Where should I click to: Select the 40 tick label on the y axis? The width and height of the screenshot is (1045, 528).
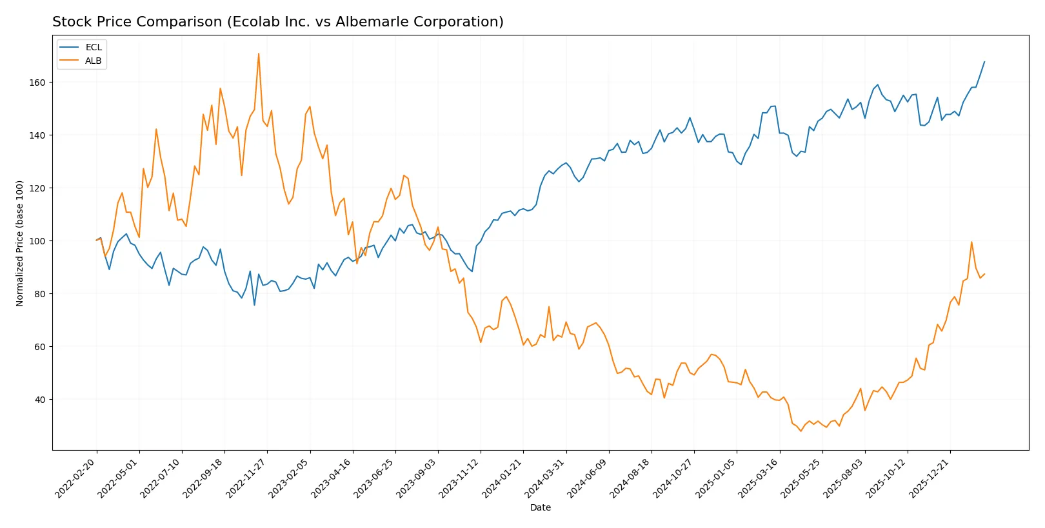click(39, 400)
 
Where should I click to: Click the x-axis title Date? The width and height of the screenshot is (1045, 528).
click(540, 507)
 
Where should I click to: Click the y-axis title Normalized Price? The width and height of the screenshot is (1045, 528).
click(19, 243)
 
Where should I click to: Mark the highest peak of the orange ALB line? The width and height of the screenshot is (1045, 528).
click(259, 54)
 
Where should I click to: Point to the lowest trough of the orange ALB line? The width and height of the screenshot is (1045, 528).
click(801, 431)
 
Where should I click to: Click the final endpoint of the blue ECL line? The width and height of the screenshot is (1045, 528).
click(984, 62)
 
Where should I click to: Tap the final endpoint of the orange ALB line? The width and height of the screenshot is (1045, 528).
click(984, 274)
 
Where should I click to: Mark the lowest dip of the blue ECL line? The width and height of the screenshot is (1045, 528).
click(254, 305)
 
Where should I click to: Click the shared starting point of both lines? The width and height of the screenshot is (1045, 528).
click(97, 240)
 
